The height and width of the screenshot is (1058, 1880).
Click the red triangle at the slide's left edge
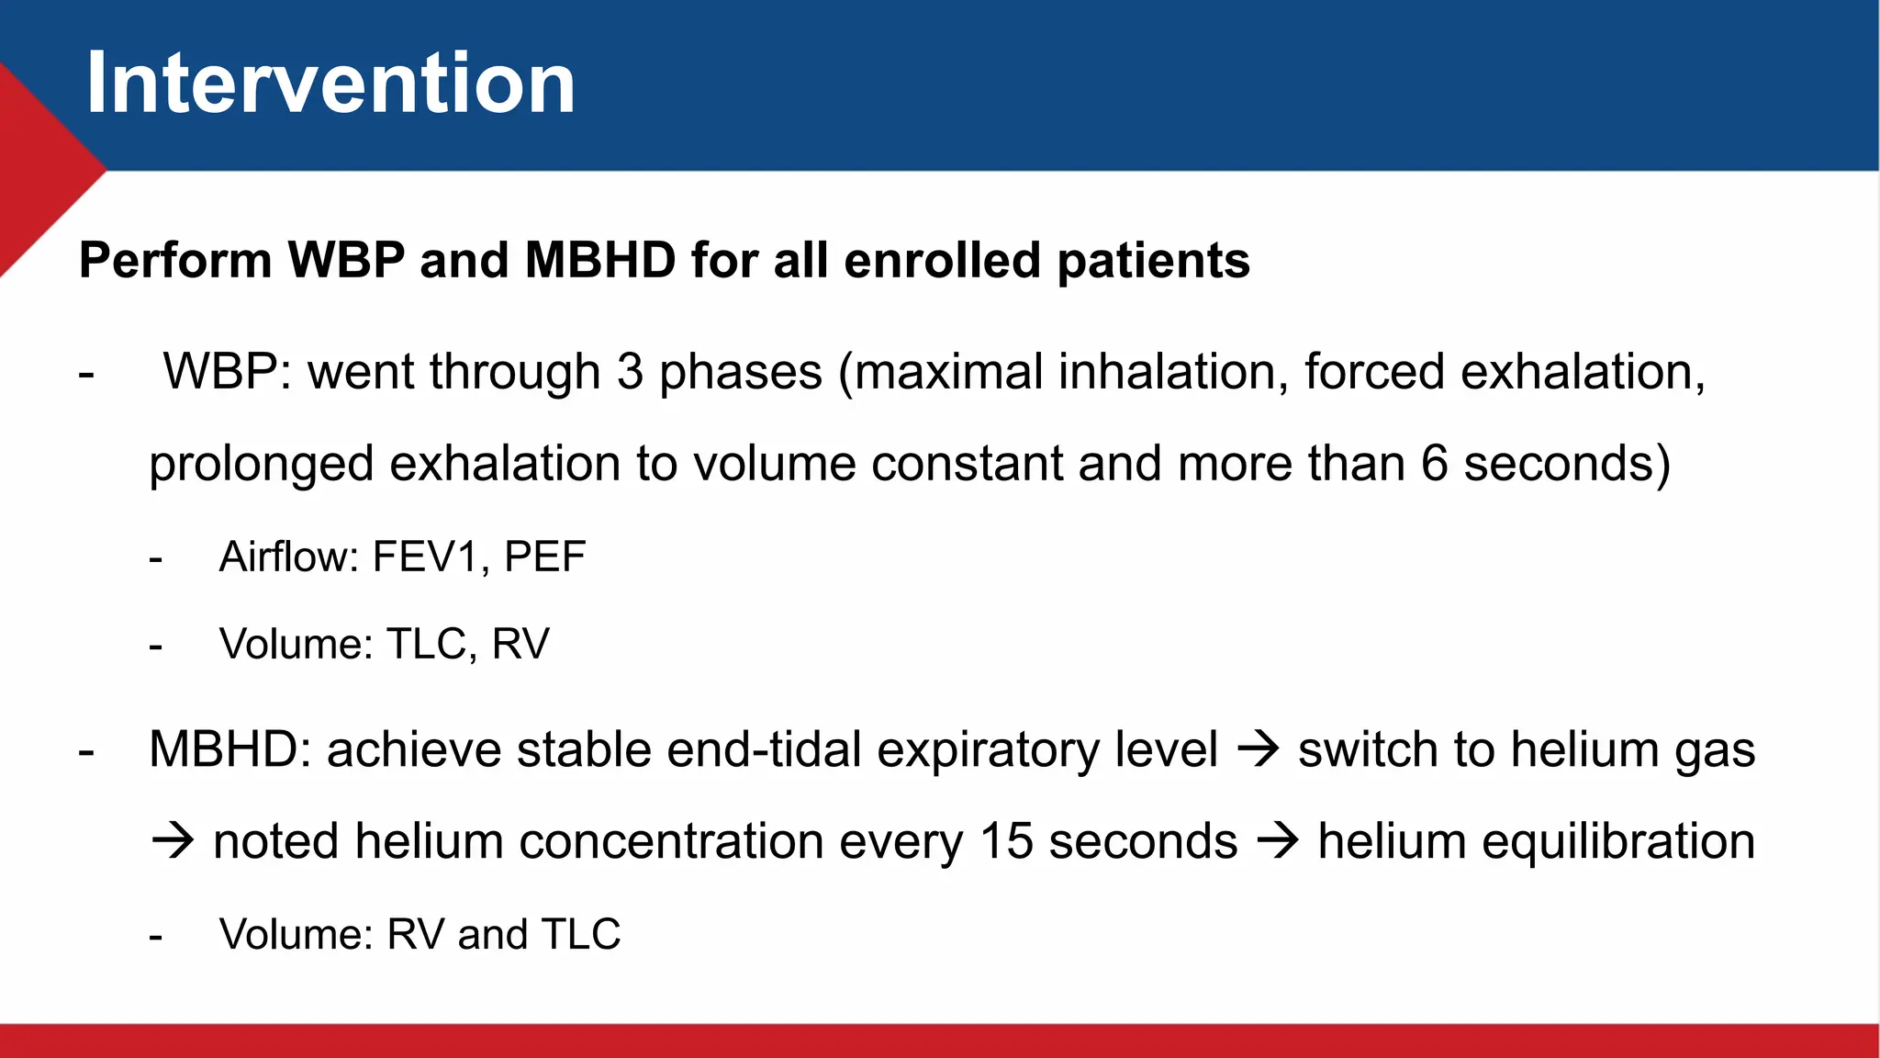pos(37,170)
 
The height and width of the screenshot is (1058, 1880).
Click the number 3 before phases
pos(630,372)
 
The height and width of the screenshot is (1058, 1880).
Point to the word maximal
pos(949,372)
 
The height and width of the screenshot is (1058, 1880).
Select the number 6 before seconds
pos(1435,463)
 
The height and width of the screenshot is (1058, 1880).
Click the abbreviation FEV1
pos(426,557)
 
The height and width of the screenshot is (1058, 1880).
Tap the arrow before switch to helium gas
pos(1258,749)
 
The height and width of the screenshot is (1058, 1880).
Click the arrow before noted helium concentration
pos(173,841)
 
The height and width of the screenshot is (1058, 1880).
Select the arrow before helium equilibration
pos(1277,841)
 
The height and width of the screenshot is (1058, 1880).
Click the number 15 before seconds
pos(1006,841)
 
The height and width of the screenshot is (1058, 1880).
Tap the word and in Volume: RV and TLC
pos(492,935)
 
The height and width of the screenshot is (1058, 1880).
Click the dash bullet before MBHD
pos(86,751)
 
